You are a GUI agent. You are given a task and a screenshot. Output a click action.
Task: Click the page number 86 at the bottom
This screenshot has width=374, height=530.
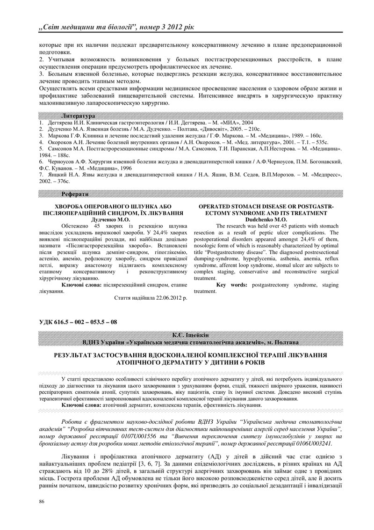tap(42, 502)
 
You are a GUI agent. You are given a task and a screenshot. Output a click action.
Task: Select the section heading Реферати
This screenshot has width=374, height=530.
tap(75, 194)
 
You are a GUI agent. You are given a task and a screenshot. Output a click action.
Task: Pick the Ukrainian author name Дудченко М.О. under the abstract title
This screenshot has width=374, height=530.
tap(110, 219)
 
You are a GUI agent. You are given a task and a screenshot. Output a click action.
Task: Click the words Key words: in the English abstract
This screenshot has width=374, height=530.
tap(232, 284)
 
